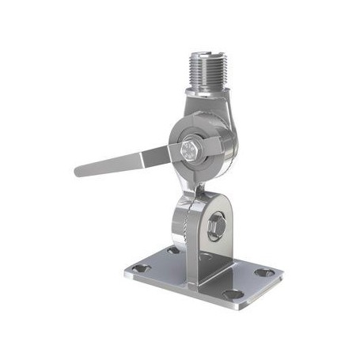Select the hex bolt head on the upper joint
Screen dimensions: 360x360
[x=191, y=148]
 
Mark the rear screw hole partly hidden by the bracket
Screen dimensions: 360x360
[x=172, y=250]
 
